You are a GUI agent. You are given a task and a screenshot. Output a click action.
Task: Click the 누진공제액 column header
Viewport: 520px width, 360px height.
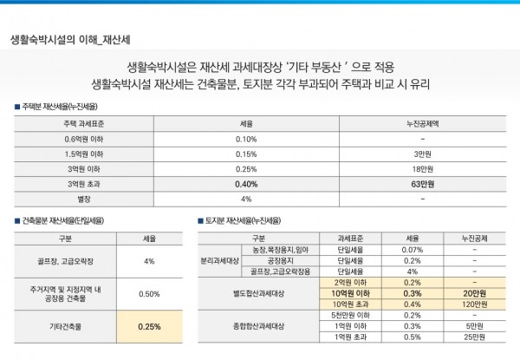click(421, 124)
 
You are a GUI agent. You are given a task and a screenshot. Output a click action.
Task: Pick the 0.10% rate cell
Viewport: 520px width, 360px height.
click(246, 139)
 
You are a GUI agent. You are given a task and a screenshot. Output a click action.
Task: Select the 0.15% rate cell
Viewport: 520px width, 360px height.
click(246, 154)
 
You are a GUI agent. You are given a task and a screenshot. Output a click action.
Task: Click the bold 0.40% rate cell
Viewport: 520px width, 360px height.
click(246, 184)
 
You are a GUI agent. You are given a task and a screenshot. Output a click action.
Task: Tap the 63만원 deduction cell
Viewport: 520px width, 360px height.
click(421, 184)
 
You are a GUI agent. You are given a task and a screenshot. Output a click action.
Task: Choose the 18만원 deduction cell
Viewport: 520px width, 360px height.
click(421, 168)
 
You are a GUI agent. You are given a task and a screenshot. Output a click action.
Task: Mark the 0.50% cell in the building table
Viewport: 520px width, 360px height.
click(148, 293)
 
